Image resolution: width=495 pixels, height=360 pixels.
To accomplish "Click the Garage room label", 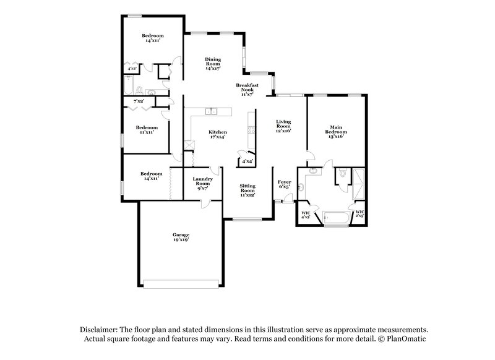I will [x=181, y=238].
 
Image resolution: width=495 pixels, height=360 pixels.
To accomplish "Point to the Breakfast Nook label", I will [x=247, y=88].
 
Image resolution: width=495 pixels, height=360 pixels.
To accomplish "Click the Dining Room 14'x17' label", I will [x=213, y=64].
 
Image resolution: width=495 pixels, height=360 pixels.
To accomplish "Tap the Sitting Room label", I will [x=247, y=190].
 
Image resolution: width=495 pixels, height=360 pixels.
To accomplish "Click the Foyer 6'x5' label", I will [x=284, y=185].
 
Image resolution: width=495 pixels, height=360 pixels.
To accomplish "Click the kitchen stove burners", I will [x=252, y=129].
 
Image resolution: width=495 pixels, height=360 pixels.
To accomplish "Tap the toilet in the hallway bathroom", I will [x=139, y=90].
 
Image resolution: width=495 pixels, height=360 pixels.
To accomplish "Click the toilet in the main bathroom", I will [x=341, y=175].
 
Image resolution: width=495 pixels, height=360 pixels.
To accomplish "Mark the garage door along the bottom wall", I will [x=181, y=284].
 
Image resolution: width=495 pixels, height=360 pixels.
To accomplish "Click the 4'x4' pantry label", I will [x=247, y=161].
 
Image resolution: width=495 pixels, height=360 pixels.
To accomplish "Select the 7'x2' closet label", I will [x=139, y=100].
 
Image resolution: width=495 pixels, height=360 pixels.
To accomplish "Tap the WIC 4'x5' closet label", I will [x=306, y=215].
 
